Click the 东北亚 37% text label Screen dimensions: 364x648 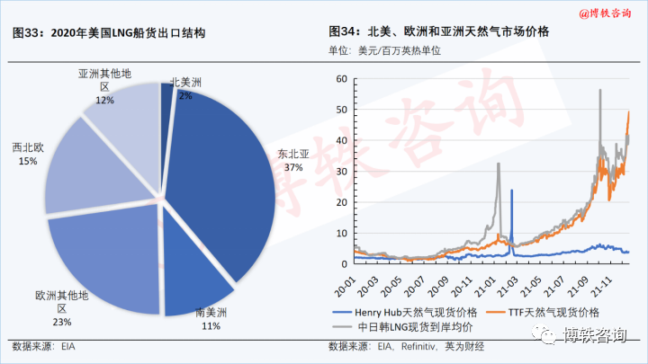click(x=293, y=160)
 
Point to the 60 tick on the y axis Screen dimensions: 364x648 click(x=341, y=78)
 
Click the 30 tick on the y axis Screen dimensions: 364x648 click(x=341, y=171)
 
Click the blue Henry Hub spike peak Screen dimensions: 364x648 click(x=512, y=191)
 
